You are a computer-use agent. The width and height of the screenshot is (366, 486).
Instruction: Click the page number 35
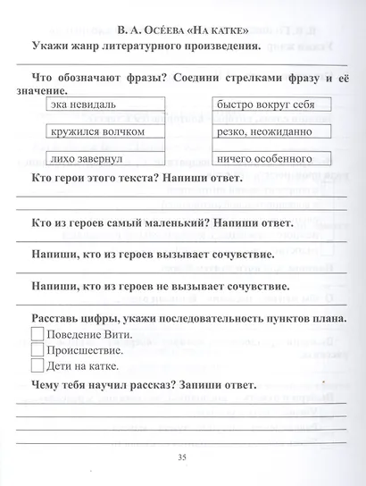(x=182, y=457)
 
